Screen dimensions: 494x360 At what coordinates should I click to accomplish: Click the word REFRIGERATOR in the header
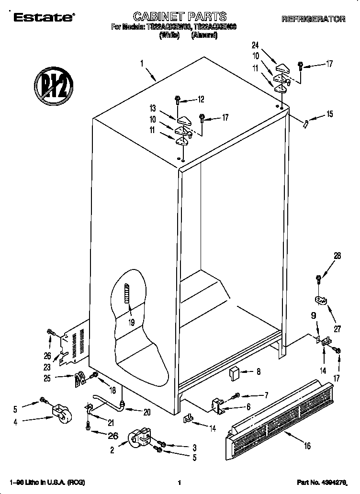314,19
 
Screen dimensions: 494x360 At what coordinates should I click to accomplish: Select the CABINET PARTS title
180,17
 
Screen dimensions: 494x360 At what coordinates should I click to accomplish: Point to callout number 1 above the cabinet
142,63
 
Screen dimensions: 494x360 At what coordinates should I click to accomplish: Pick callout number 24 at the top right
255,45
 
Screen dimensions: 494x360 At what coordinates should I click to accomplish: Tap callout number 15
329,114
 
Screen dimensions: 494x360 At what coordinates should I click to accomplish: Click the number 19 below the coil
131,322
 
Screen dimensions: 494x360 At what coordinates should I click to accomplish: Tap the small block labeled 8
235,372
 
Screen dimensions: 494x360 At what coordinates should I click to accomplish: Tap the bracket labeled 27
320,301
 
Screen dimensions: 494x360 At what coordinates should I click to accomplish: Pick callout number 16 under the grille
307,446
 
